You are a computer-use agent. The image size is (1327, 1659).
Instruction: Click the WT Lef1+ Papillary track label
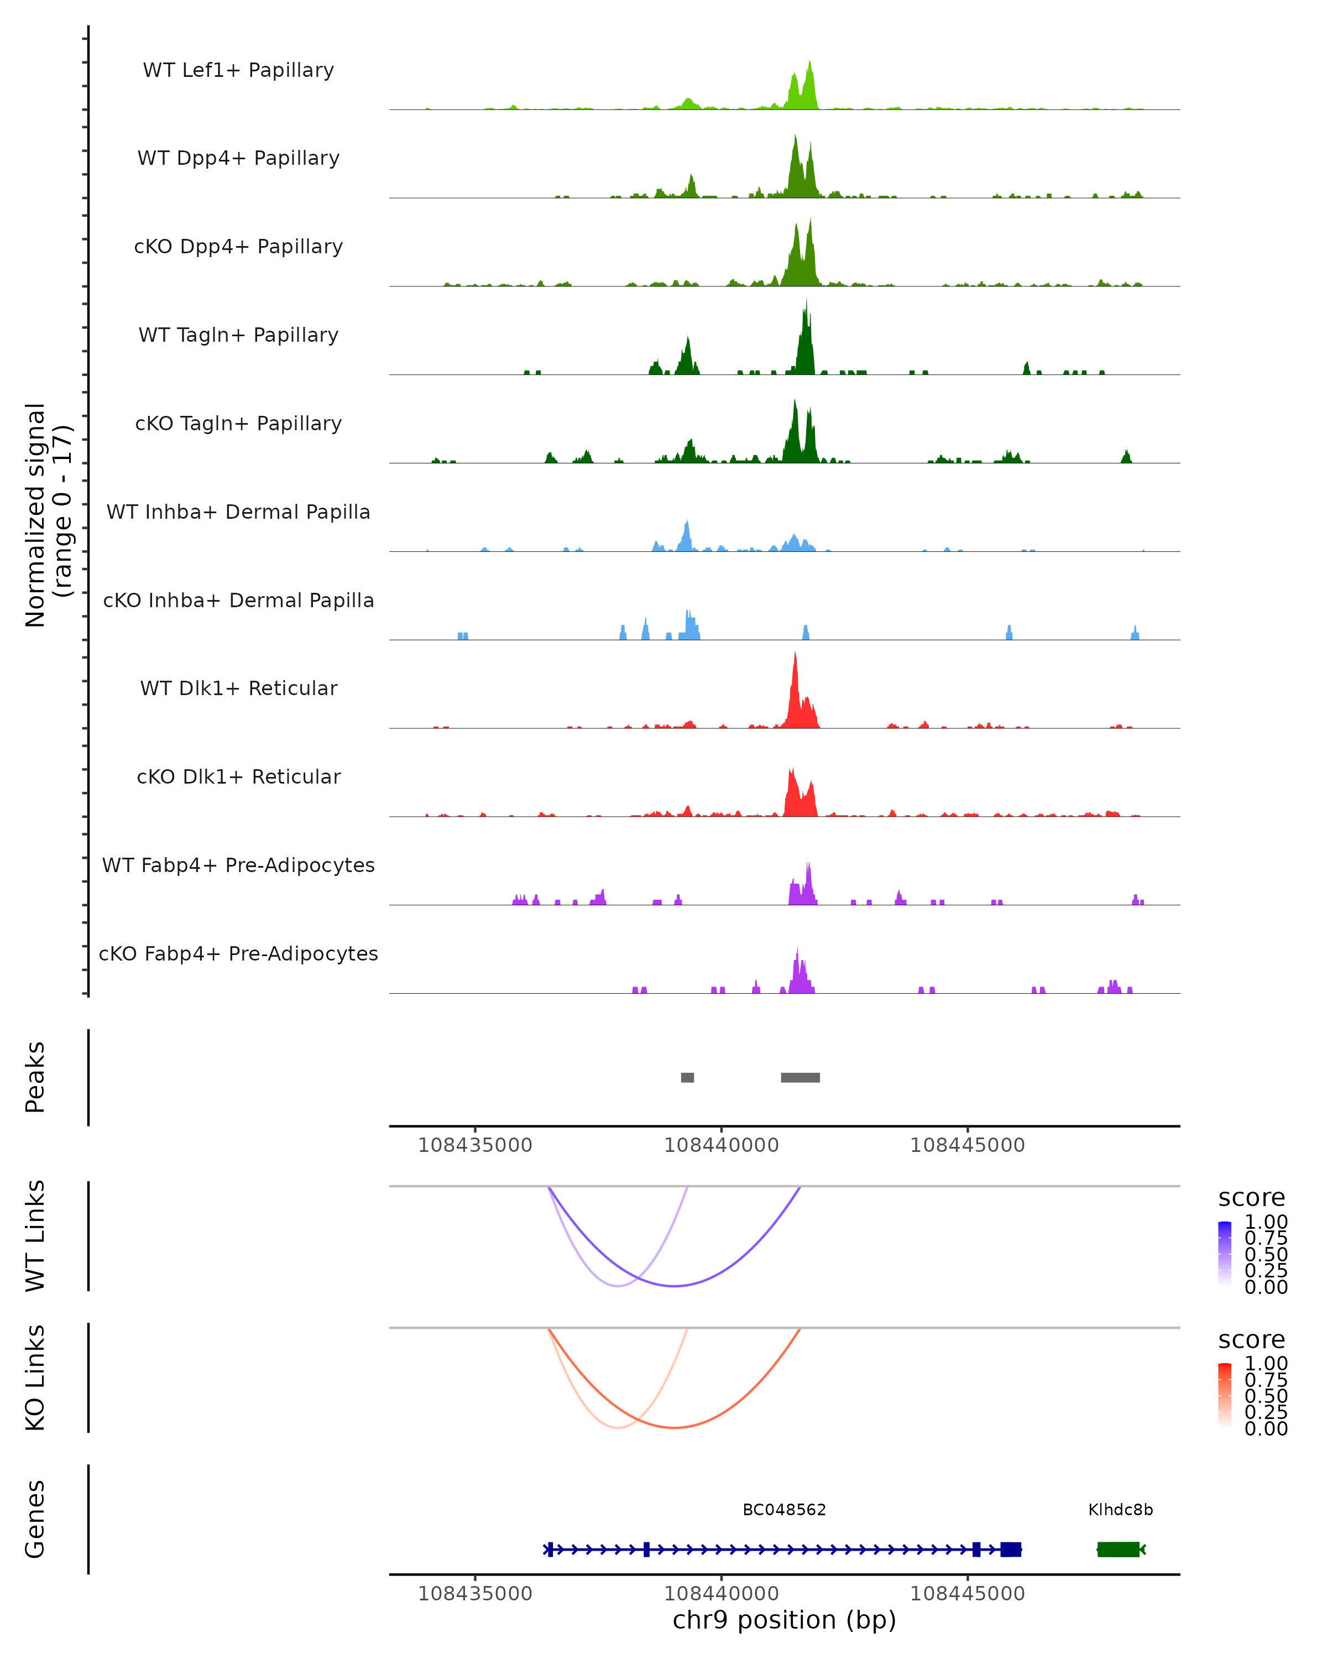(x=238, y=70)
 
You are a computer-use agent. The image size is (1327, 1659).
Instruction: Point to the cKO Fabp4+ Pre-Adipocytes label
(x=238, y=953)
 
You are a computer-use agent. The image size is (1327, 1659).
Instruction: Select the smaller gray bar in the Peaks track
(x=688, y=1077)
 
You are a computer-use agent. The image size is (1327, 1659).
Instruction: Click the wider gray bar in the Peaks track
(x=800, y=1077)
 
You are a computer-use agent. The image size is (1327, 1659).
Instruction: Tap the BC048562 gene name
(x=784, y=1510)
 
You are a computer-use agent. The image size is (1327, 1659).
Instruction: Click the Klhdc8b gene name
(x=1120, y=1510)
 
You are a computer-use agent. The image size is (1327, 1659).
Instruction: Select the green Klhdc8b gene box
(x=1118, y=1549)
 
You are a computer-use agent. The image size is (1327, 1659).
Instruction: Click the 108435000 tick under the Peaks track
(x=474, y=1145)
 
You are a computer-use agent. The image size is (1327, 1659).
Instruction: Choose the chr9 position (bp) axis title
(x=784, y=1620)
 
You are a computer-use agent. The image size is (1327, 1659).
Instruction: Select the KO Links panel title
(x=35, y=1378)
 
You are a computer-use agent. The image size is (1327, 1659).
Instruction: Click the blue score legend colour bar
(x=1225, y=1253)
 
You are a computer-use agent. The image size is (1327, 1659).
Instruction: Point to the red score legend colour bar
(x=1225, y=1394)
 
